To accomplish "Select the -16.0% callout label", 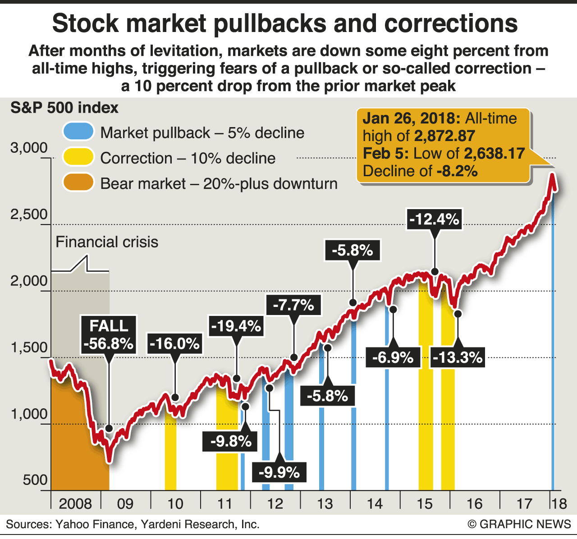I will pyautogui.click(x=174, y=344).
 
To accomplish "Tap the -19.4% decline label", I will pyautogui.click(x=236, y=326).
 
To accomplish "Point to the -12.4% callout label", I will pyautogui.click(x=434, y=219).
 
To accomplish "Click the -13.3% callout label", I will pyautogui.click(x=458, y=357).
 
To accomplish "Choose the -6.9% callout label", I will pyautogui.click(x=393, y=357).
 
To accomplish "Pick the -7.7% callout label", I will pyautogui.click(x=293, y=305).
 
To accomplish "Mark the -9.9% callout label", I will pyautogui.click(x=279, y=472).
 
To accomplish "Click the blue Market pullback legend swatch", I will pyautogui.click(x=78, y=132).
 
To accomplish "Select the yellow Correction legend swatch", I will pyautogui.click(x=78, y=157).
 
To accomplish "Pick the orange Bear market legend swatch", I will pyautogui.click(x=78, y=183).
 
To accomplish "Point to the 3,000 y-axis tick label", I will pyautogui.click(x=29, y=148).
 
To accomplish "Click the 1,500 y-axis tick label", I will pyautogui.click(x=29, y=347).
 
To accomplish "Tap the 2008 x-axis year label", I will pyautogui.click(x=75, y=503).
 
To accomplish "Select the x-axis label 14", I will pyautogui.click(x=375, y=503).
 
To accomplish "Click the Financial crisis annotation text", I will pyautogui.click(x=107, y=242).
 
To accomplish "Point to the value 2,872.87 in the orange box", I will pyautogui.click(x=444, y=136).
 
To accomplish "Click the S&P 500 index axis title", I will pyautogui.click(x=64, y=108).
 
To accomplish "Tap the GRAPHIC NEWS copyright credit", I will pyautogui.click(x=519, y=524).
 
